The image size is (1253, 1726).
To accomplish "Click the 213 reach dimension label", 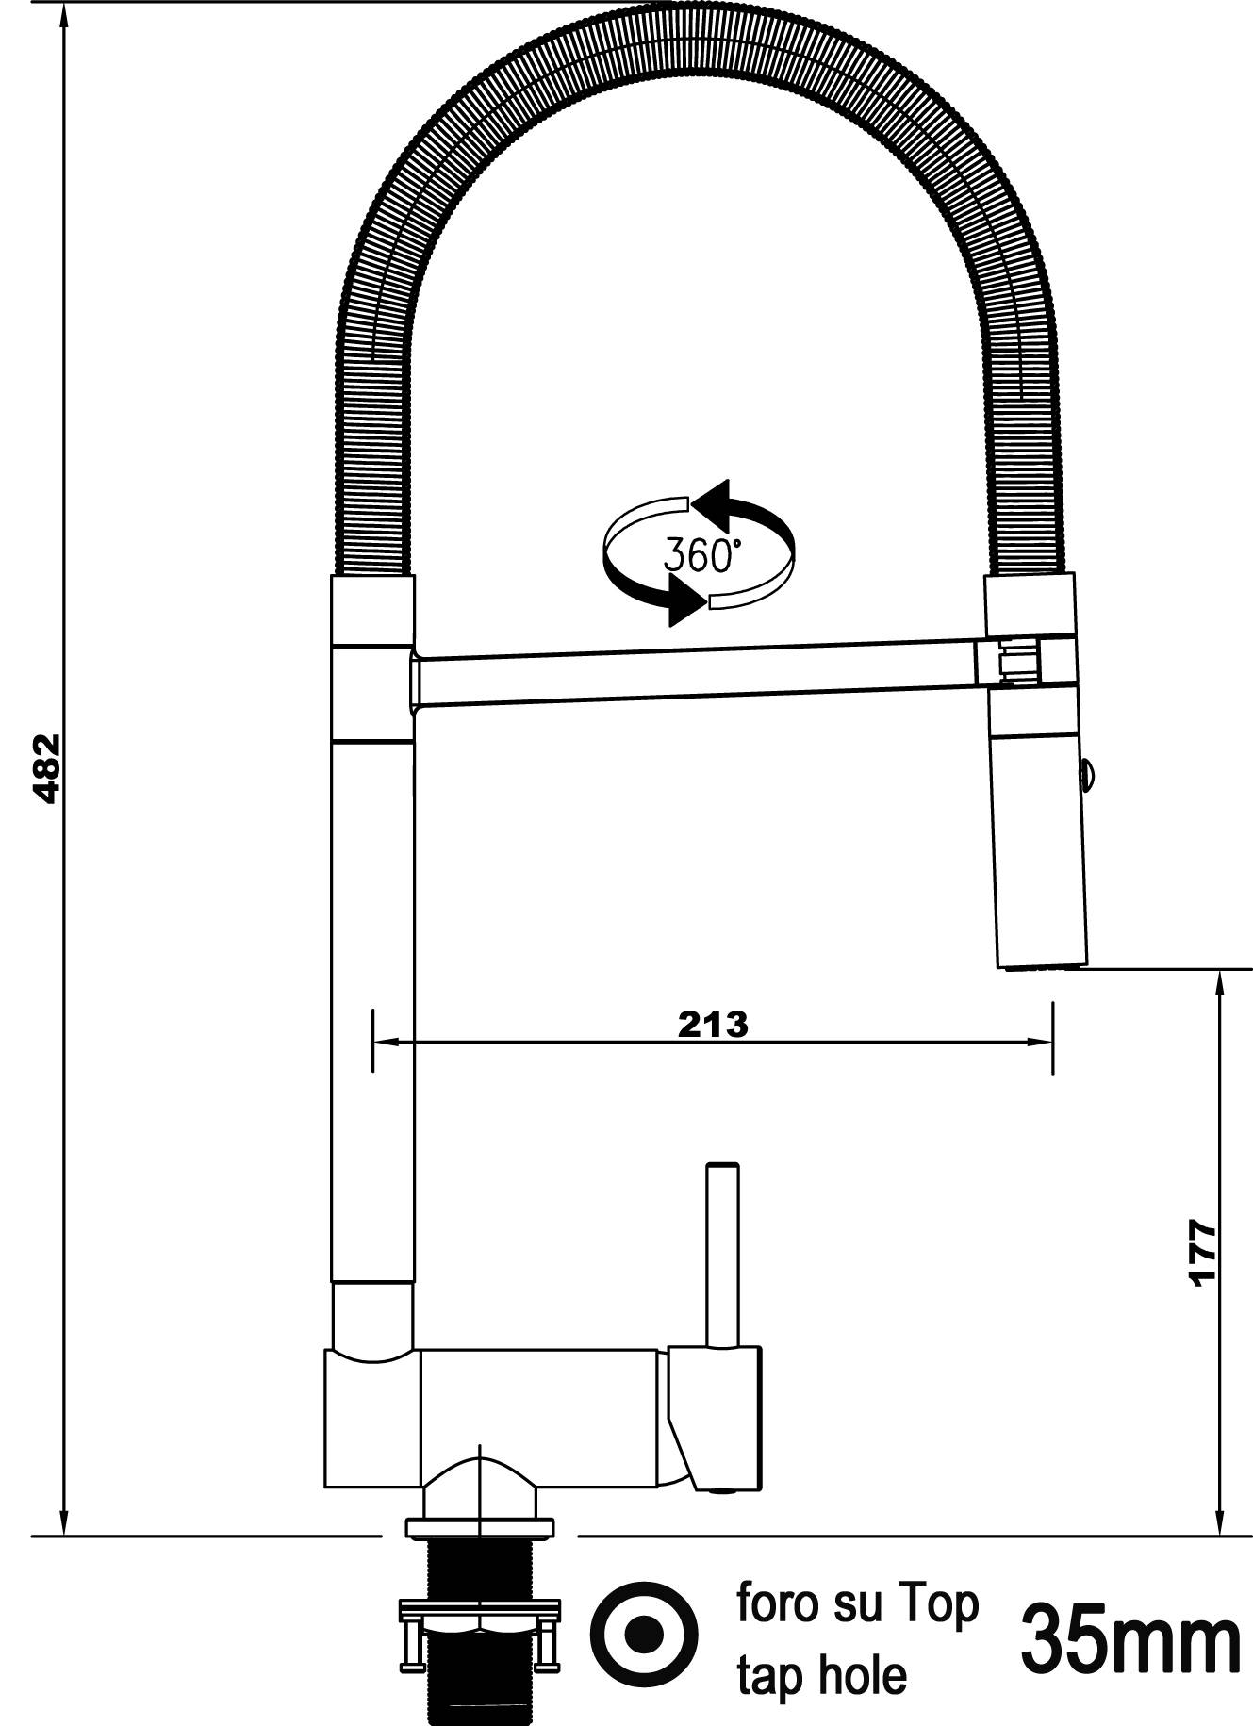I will pos(712,1025).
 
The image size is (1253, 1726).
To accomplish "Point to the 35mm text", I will pos(1130,1641).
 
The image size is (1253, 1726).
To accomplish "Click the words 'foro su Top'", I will pos(857,1603).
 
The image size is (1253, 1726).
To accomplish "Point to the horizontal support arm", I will pos(698,673).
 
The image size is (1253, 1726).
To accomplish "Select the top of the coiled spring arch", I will pos(702,38).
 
